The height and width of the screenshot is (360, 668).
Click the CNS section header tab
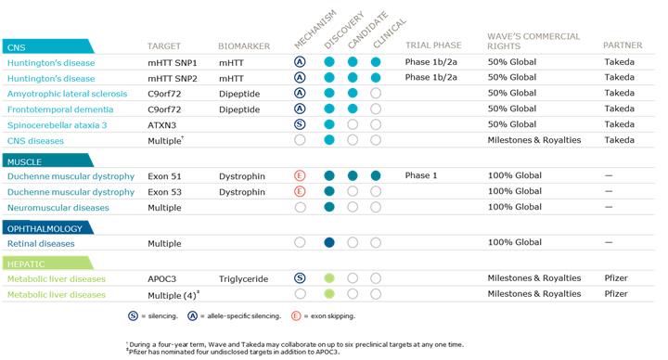(47, 46)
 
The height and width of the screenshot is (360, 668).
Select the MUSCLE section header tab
(47, 161)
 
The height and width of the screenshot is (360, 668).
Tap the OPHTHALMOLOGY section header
(47, 228)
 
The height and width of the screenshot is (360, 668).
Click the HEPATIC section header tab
(47, 264)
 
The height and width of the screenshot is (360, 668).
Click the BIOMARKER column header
(244, 46)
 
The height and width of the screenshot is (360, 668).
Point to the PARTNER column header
(623, 45)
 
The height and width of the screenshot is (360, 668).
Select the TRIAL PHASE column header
(433, 45)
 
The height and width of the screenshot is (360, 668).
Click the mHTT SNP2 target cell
(173, 78)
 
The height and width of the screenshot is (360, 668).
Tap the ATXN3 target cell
(161, 125)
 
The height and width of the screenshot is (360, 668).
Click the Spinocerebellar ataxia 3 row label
(58, 125)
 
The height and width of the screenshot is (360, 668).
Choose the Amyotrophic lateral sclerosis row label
(68, 94)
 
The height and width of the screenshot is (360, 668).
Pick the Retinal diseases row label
(41, 244)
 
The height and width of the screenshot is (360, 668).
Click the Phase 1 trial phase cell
(421, 175)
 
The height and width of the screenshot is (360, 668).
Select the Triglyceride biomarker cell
(243, 279)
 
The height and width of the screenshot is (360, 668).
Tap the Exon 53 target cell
(164, 192)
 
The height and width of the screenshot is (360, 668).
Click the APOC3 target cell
(161, 279)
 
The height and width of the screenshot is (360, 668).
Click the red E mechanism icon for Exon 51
(300, 176)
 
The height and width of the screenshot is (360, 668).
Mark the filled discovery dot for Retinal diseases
(329, 243)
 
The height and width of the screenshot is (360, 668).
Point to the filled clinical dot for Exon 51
(376, 175)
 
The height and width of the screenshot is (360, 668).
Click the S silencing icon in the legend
(133, 316)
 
